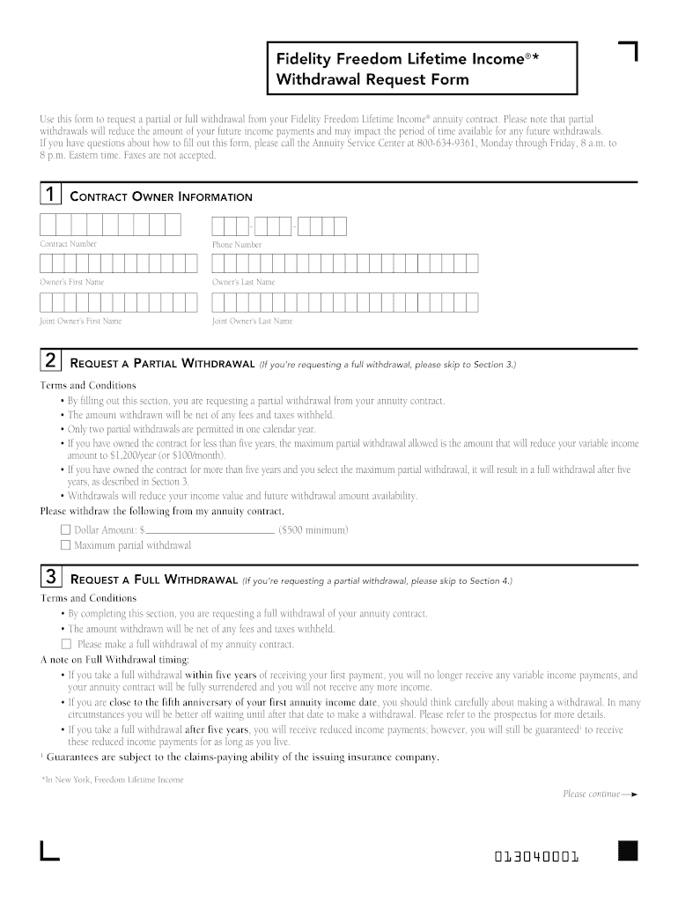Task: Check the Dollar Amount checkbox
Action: (x=65, y=530)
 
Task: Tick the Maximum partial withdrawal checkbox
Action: (x=65, y=545)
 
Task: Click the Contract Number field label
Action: (x=68, y=244)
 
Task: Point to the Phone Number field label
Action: (x=236, y=245)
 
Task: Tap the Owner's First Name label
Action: (x=71, y=282)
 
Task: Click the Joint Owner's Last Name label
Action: (x=252, y=322)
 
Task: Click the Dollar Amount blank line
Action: (x=209, y=531)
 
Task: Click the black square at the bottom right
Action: (x=627, y=850)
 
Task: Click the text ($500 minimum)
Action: (x=313, y=530)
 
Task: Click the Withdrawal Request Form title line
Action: (x=372, y=80)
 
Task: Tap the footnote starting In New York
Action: (x=113, y=780)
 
